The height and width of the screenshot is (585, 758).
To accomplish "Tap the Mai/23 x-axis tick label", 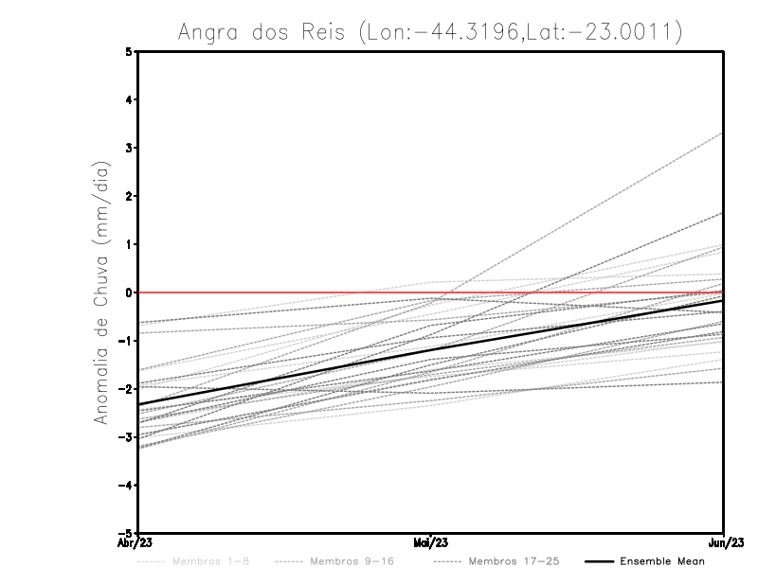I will [x=431, y=542].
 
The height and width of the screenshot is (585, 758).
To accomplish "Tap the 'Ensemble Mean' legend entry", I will [x=661, y=562].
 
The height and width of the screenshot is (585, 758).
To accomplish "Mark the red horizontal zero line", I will [x=284, y=292].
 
